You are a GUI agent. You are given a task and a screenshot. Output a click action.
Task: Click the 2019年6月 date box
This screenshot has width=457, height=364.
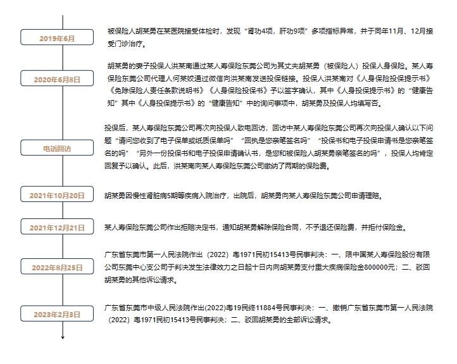point(57,37)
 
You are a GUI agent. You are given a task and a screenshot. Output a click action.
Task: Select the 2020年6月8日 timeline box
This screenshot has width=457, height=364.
point(57,78)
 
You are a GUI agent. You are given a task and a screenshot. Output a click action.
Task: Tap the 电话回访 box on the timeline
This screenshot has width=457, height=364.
point(57,147)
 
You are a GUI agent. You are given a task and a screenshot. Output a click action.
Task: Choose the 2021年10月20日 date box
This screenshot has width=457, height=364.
point(57,194)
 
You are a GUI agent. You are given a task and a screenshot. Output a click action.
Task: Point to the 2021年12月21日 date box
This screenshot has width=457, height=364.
point(57,227)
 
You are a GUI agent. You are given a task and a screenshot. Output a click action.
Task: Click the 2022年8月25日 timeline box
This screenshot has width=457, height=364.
point(57,267)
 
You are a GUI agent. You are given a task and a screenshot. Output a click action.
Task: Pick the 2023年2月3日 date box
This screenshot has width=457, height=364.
point(57,313)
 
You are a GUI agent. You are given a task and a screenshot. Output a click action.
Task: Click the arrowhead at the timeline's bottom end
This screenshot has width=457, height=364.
point(63,337)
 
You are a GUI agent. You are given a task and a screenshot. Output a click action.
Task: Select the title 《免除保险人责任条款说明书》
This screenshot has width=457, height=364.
point(158,91)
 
